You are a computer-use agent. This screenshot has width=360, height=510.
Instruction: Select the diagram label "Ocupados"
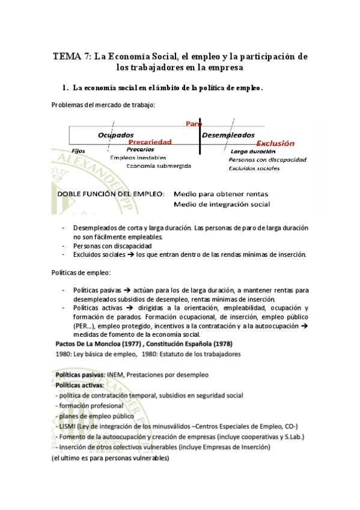(116, 135)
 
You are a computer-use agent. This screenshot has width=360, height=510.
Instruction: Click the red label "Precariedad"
(150, 142)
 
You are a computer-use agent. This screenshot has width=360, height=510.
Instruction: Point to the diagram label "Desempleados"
(228, 135)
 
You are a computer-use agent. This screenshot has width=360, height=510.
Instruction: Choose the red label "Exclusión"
(275, 143)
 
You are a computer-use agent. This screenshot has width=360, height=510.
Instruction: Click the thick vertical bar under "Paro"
(200, 137)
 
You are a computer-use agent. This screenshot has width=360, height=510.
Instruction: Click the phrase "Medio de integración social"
(221, 204)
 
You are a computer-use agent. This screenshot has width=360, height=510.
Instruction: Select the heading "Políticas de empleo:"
(81, 273)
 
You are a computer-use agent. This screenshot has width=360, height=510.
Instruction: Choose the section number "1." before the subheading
(66, 88)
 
